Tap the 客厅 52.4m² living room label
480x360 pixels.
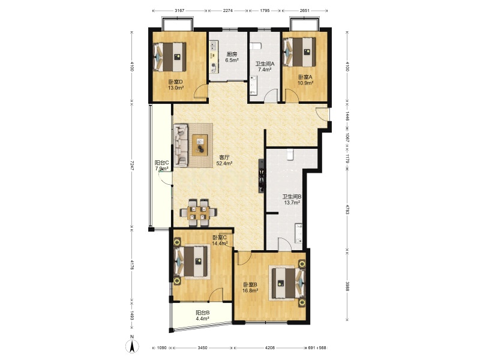(x=224, y=160)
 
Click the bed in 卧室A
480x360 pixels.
(x=299, y=52)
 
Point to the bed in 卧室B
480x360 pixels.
(x=287, y=283)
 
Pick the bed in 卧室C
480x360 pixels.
(x=191, y=262)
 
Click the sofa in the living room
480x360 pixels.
(x=181, y=145)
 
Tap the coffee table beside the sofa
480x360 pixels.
(x=200, y=145)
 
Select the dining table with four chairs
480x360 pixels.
(x=199, y=212)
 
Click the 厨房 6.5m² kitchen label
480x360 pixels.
(x=232, y=57)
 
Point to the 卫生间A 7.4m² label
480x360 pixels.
(x=265, y=67)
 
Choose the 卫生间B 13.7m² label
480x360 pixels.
(x=292, y=199)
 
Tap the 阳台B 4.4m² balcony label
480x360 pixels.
(x=202, y=316)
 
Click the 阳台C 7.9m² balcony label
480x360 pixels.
(x=161, y=166)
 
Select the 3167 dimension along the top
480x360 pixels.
(x=179, y=10)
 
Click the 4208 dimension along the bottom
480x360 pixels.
(x=269, y=348)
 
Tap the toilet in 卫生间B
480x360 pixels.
(x=290, y=154)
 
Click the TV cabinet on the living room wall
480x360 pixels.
(x=262, y=176)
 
